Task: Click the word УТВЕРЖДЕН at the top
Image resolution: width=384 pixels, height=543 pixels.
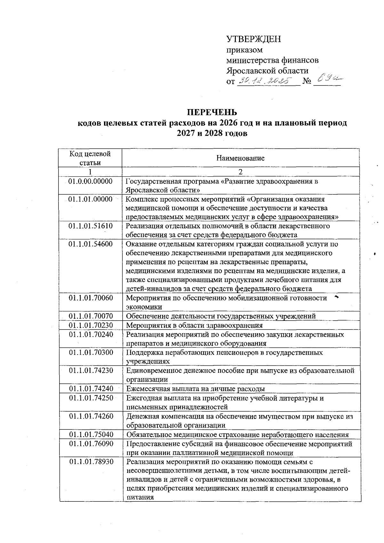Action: click(253, 39)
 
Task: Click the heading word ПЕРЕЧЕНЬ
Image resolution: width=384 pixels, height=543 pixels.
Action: click(212, 112)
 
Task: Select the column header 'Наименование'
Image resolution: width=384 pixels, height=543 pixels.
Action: click(240, 158)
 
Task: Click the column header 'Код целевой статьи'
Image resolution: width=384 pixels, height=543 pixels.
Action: click(90, 158)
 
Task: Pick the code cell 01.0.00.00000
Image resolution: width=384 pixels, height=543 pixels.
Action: click(91, 181)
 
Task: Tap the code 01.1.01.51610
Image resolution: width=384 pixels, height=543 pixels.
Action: click(91, 226)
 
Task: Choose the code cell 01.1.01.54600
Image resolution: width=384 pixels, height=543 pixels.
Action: click(91, 244)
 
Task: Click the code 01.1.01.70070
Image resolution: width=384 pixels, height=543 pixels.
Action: click(91, 316)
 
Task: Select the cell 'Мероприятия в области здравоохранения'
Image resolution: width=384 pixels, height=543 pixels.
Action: click(194, 325)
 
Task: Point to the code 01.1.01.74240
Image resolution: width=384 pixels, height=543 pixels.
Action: click(91, 389)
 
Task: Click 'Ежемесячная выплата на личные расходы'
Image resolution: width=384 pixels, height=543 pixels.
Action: click(196, 389)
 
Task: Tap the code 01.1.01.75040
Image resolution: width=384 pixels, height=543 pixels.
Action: click(91, 435)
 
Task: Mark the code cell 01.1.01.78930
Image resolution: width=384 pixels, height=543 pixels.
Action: click(91, 462)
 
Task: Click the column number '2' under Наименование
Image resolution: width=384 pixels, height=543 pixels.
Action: click(240, 172)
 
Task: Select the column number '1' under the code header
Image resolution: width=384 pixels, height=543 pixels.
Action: click(90, 172)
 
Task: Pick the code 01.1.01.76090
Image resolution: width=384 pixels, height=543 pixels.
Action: click(91, 444)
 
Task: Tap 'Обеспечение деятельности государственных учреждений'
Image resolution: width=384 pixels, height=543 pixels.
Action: click(221, 316)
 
